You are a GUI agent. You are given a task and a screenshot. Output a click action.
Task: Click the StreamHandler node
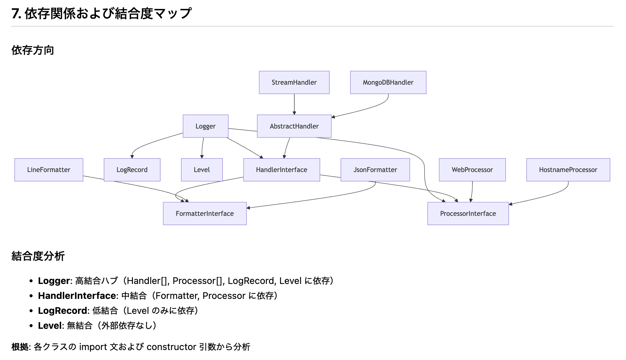coord(294,82)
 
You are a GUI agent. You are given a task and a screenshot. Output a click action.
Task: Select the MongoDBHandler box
coord(388,82)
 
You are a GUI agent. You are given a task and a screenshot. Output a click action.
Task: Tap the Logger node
coord(205,126)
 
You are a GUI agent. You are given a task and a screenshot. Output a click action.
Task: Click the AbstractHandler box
coord(294,126)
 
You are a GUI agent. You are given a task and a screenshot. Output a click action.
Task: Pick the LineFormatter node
coord(49,170)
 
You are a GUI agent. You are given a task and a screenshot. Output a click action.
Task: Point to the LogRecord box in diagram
coord(132,170)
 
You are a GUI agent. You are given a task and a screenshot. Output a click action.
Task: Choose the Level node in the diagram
coord(202,170)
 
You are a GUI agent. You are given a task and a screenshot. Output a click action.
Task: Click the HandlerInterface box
coord(281,170)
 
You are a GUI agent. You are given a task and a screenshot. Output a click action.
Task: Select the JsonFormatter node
coord(375,170)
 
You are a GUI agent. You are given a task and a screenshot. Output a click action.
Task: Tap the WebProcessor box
coord(472,170)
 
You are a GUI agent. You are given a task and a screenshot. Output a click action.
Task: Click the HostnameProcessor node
coord(568,170)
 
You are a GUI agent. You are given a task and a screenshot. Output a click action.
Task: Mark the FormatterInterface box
coord(205,214)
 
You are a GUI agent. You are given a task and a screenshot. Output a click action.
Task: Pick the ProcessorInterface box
coord(468,214)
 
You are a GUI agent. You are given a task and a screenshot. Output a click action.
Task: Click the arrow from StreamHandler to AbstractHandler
coord(294,104)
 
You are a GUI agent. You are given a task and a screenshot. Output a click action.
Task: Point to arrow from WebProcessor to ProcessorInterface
coord(472,192)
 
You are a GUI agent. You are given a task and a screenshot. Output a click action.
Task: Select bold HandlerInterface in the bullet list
coord(77,296)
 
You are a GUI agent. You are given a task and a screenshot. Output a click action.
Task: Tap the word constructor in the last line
coord(171,347)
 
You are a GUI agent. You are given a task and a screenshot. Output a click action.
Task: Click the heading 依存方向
coord(33,50)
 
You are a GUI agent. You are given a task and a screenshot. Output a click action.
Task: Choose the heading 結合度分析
coord(38,256)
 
